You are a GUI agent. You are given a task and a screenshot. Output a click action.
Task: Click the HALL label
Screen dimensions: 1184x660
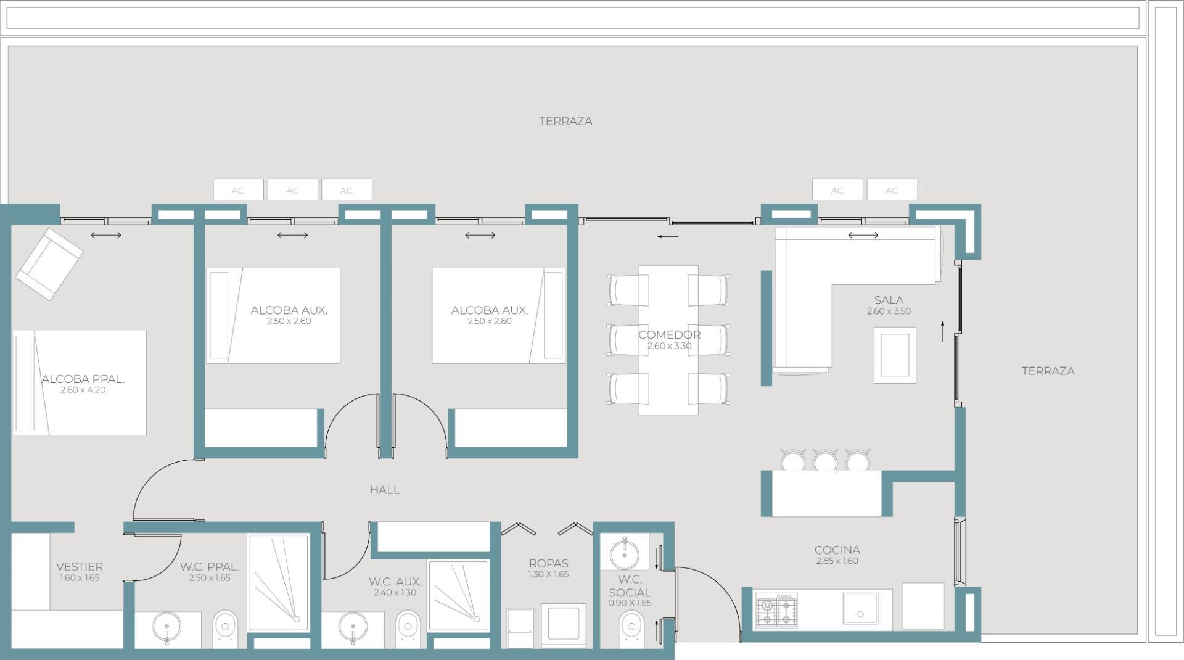(385, 490)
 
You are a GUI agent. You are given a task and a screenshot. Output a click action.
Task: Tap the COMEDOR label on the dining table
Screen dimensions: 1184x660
(669, 335)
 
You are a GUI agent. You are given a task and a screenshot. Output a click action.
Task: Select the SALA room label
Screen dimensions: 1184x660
(889, 300)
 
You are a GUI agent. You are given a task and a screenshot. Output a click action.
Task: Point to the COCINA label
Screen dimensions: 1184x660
(837, 550)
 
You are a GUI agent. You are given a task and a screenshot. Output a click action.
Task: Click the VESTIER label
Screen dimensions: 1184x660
(80, 567)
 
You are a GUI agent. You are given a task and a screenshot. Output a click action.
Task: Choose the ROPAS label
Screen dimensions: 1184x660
(548, 564)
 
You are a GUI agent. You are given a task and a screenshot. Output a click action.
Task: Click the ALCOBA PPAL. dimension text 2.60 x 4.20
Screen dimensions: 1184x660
(83, 390)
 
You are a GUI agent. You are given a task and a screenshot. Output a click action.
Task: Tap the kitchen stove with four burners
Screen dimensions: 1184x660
(776, 611)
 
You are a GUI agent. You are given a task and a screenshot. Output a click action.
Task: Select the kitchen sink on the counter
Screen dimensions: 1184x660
(860, 610)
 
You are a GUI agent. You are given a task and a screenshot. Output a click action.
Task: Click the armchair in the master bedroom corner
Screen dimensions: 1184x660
(49, 264)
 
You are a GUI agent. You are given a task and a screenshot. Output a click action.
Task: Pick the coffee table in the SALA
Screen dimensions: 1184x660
(895, 355)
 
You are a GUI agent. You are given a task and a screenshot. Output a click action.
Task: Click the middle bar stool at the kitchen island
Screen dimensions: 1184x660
(824, 460)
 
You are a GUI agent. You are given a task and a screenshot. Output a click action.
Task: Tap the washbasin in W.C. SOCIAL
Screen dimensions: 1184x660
(625, 552)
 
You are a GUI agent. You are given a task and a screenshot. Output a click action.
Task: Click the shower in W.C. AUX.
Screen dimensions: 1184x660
(458, 595)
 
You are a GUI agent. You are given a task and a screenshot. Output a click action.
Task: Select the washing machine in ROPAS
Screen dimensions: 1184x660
(564, 625)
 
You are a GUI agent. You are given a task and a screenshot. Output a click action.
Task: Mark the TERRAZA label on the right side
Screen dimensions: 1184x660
(1048, 371)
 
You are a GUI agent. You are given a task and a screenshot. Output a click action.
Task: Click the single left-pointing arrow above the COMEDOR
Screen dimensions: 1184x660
(668, 236)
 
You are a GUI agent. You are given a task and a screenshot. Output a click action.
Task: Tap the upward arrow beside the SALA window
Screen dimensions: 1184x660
(943, 331)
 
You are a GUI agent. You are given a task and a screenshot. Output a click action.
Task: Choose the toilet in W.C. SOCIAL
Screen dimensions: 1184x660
(630, 629)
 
